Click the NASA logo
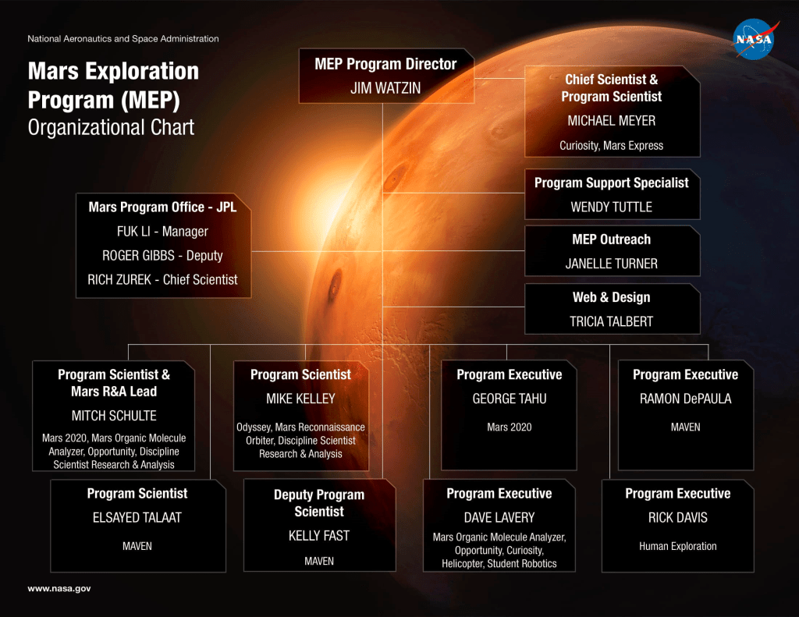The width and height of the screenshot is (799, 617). click(755, 39)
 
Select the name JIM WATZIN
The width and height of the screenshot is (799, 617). click(385, 88)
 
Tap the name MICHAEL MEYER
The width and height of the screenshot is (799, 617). click(612, 121)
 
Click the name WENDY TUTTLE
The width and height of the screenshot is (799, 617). click(612, 207)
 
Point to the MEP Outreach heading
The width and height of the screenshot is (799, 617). click(612, 239)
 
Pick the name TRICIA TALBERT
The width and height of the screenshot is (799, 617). click(612, 321)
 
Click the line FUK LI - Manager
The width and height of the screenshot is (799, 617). click(162, 232)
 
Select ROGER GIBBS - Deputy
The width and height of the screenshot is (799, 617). click(162, 255)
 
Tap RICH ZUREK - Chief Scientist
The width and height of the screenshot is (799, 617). click(162, 279)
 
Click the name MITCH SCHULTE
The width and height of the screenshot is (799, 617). click(114, 416)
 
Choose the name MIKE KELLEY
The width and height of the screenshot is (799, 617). click(300, 399)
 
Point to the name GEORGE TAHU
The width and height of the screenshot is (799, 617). click(509, 399)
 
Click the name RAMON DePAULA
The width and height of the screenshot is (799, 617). click(685, 399)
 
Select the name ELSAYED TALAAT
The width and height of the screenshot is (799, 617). click(137, 518)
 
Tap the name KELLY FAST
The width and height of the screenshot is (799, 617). click(319, 535)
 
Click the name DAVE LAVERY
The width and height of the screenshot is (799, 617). click(499, 518)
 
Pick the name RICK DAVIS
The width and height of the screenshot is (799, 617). click(678, 518)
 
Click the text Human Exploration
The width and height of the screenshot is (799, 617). click(678, 546)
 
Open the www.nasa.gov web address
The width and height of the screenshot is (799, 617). click(59, 588)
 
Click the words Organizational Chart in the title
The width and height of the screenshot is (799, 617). click(111, 127)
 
